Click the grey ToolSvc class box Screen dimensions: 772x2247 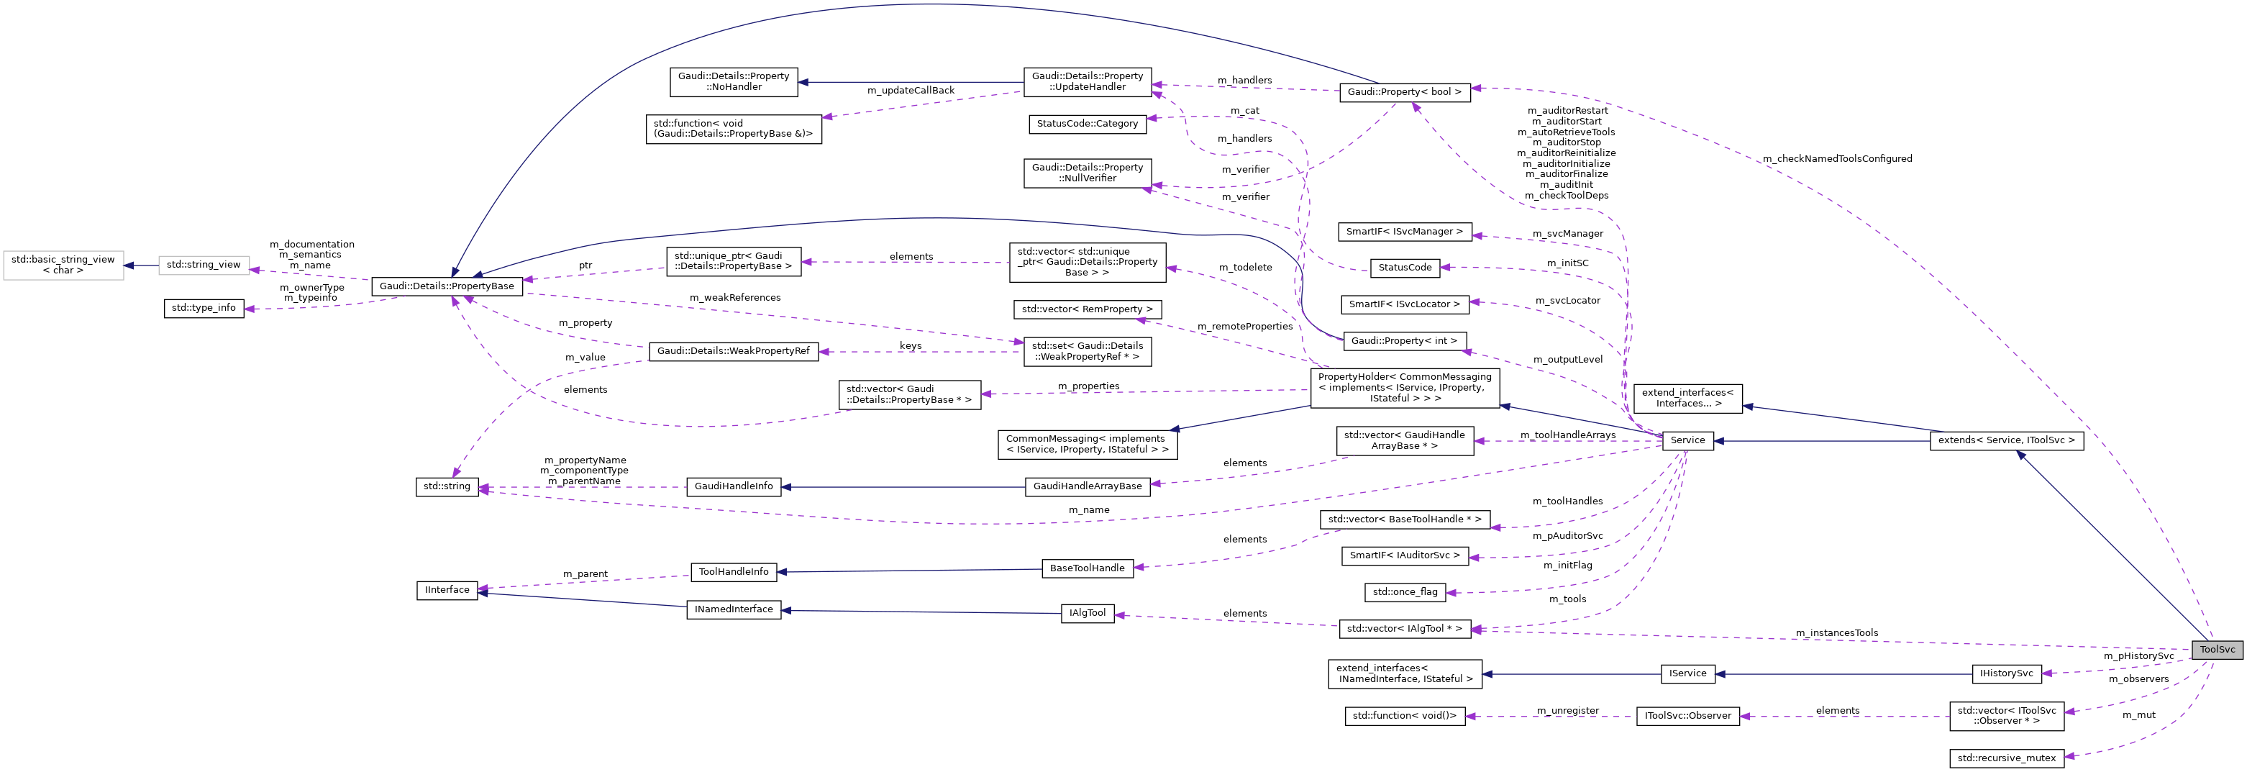tap(2217, 650)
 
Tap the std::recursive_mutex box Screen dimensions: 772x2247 tap(2005, 758)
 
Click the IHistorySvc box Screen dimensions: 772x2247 tap(2005, 673)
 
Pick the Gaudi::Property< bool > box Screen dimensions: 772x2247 tap(1403, 91)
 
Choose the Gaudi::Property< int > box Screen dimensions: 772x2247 tap(1403, 341)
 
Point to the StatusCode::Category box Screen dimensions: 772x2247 tap(1087, 124)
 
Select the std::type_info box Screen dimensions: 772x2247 tap(204, 308)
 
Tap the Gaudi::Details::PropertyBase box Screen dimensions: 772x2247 tap(447, 286)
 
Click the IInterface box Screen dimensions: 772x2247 tap(447, 591)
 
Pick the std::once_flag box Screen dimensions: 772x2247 tap(1404, 592)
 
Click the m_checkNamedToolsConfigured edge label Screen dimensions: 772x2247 tap(1836, 159)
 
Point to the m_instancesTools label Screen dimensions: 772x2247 tap(1836, 633)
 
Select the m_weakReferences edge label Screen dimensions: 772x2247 tap(734, 297)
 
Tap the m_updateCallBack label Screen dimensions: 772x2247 tap(910, 91)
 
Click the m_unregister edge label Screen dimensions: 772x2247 tap(1567, 711)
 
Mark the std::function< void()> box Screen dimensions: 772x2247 tap(1403, 716)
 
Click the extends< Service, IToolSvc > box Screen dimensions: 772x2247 tap(2005, 440)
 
